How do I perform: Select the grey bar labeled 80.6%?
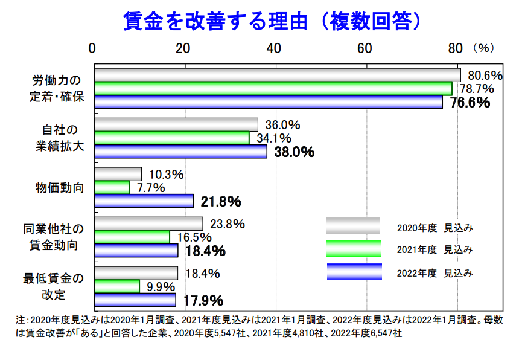pos(278,75)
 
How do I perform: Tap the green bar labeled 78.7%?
pos(273,89)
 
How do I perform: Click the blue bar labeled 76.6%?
pos(269,102)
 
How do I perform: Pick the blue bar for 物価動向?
pos(144,201)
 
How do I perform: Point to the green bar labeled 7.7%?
pos(112,187)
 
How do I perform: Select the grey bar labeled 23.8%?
pos(148,223)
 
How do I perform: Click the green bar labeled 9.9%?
pos(117,286)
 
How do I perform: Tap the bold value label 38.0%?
pos(295,152)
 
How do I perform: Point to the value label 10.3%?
pos(166,175)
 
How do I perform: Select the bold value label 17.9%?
pos(203,300)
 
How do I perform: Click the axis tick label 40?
pos(275,48)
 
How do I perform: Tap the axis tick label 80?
pos(456,48)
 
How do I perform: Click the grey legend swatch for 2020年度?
pos(353,226)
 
